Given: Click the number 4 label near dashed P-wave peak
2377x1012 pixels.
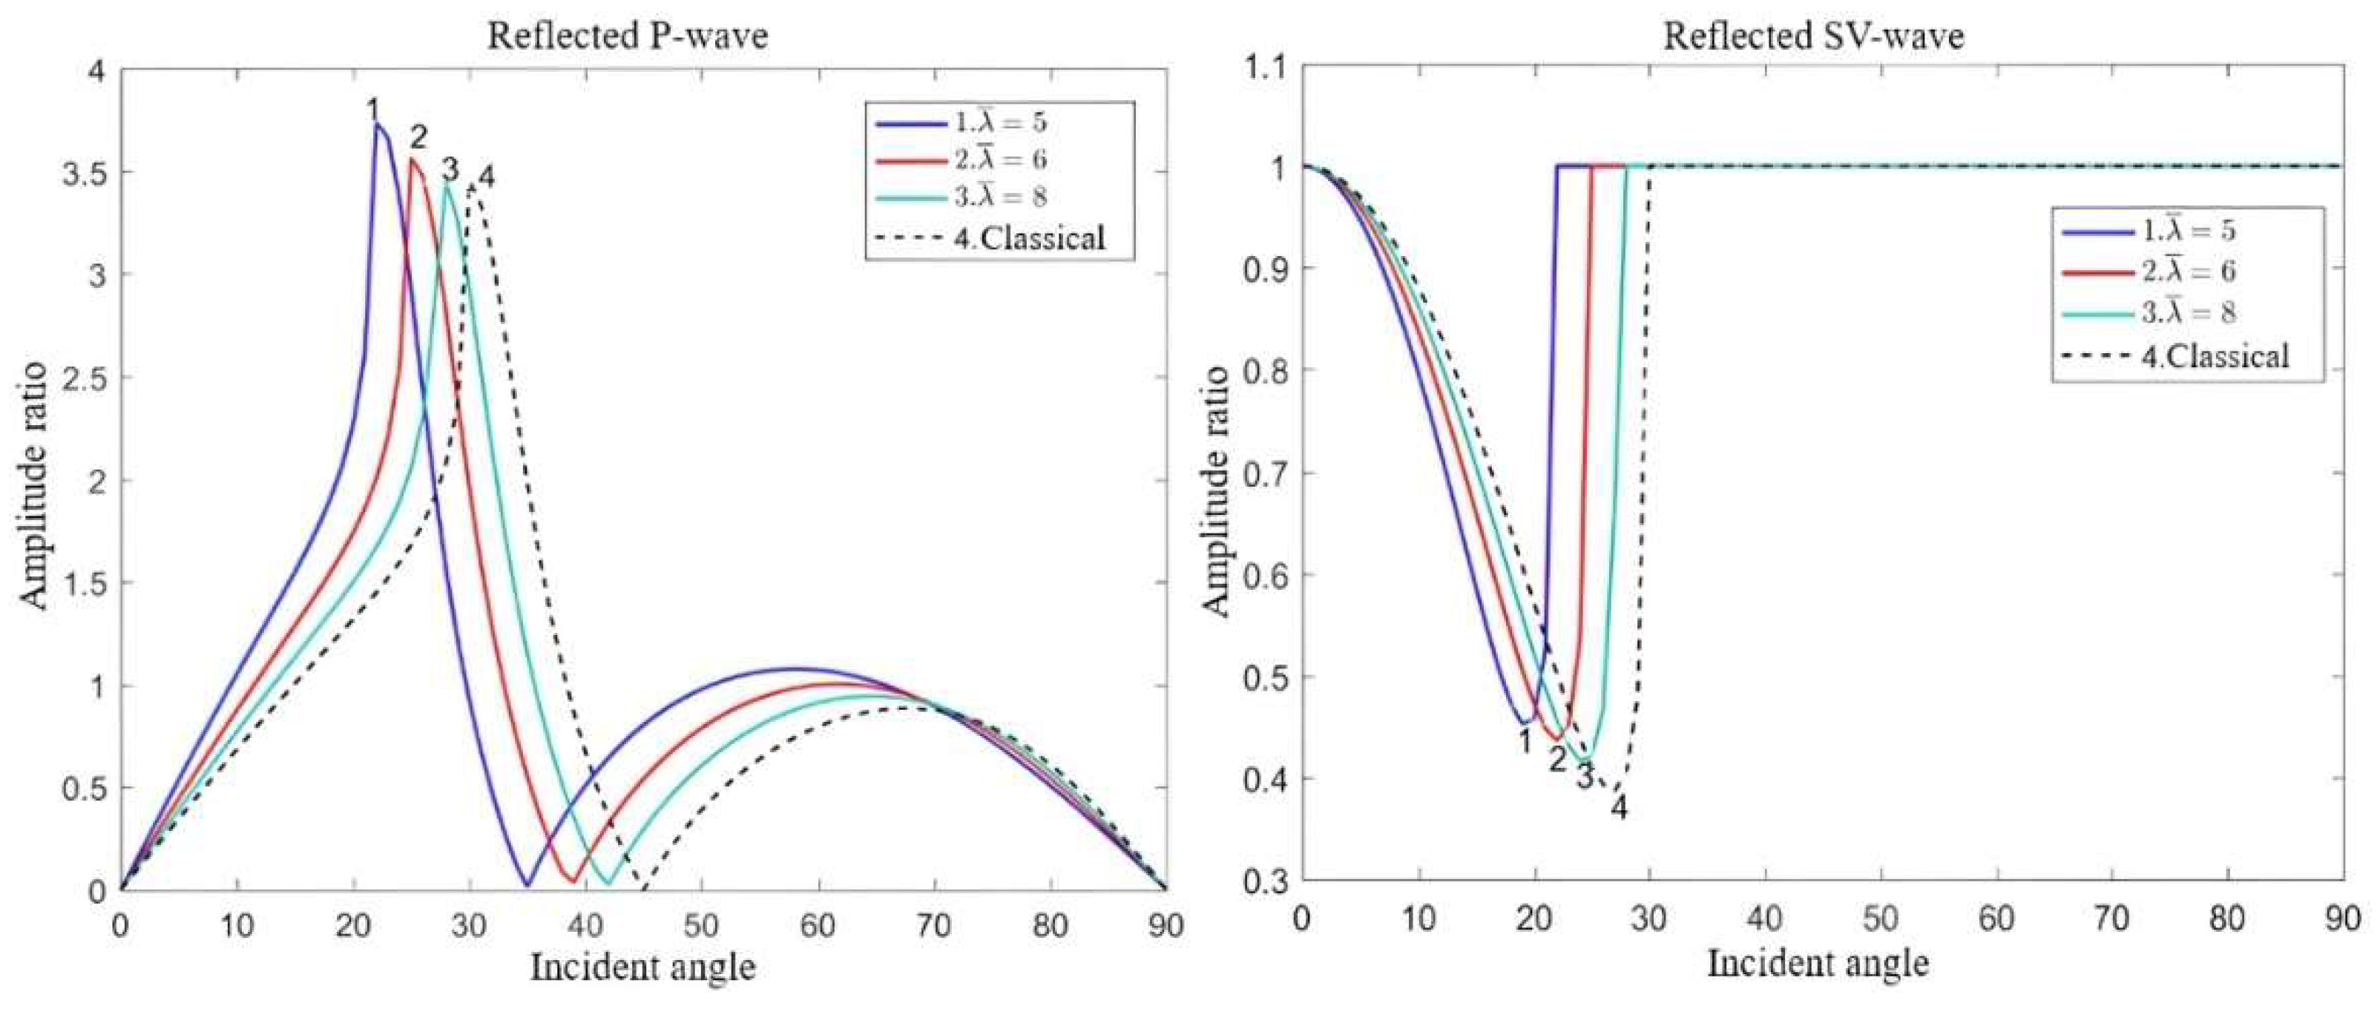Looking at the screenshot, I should [486, 175].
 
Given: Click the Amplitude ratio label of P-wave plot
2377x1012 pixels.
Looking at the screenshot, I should [34, 484].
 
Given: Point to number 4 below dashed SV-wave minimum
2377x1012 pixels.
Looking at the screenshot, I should [1619, 809].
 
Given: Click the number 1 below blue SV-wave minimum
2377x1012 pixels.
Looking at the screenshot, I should [1525, 740].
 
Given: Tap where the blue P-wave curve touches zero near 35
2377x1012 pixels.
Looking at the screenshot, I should [527, 887].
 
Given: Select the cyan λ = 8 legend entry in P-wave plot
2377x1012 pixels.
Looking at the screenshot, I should [1002, 197].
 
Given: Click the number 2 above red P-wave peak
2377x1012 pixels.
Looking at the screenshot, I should [419, 139].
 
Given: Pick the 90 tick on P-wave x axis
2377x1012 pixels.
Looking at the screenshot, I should [1166, 925].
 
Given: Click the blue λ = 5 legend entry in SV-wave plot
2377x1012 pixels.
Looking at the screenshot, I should [2188, 231].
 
